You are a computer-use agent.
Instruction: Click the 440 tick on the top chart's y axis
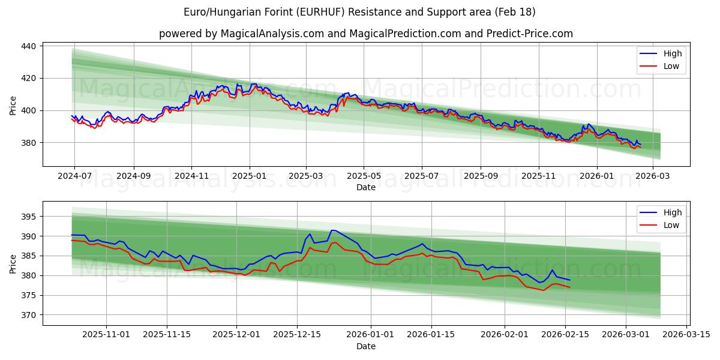pos(30,46)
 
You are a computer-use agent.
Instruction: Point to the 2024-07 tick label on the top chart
pos(74,176)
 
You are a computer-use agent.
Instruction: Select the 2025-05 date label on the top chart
pos(364,176)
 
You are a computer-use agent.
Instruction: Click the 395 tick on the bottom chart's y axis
pos(30,217)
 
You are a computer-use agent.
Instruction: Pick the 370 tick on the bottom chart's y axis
pos(30,315)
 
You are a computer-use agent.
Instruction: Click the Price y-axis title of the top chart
pos(13,106)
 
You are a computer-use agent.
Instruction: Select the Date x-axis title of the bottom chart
pos(365,346)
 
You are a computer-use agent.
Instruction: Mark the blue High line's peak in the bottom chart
pos(333,230)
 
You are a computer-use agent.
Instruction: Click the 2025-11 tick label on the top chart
pos(538,176)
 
